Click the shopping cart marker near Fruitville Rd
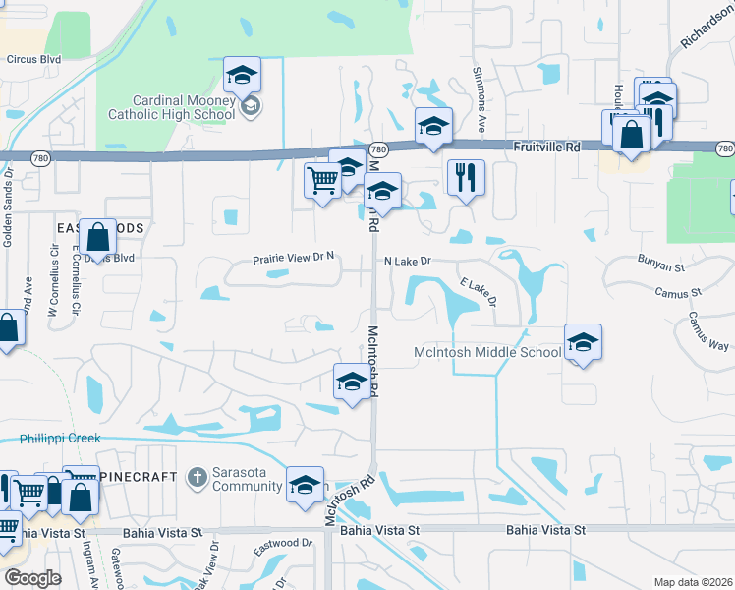coord(322,181)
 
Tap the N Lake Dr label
coord(408,262)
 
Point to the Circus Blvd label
coord(33,59)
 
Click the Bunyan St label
coord(659,266)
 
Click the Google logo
coord(32,577)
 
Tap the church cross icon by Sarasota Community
coord(197,478)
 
